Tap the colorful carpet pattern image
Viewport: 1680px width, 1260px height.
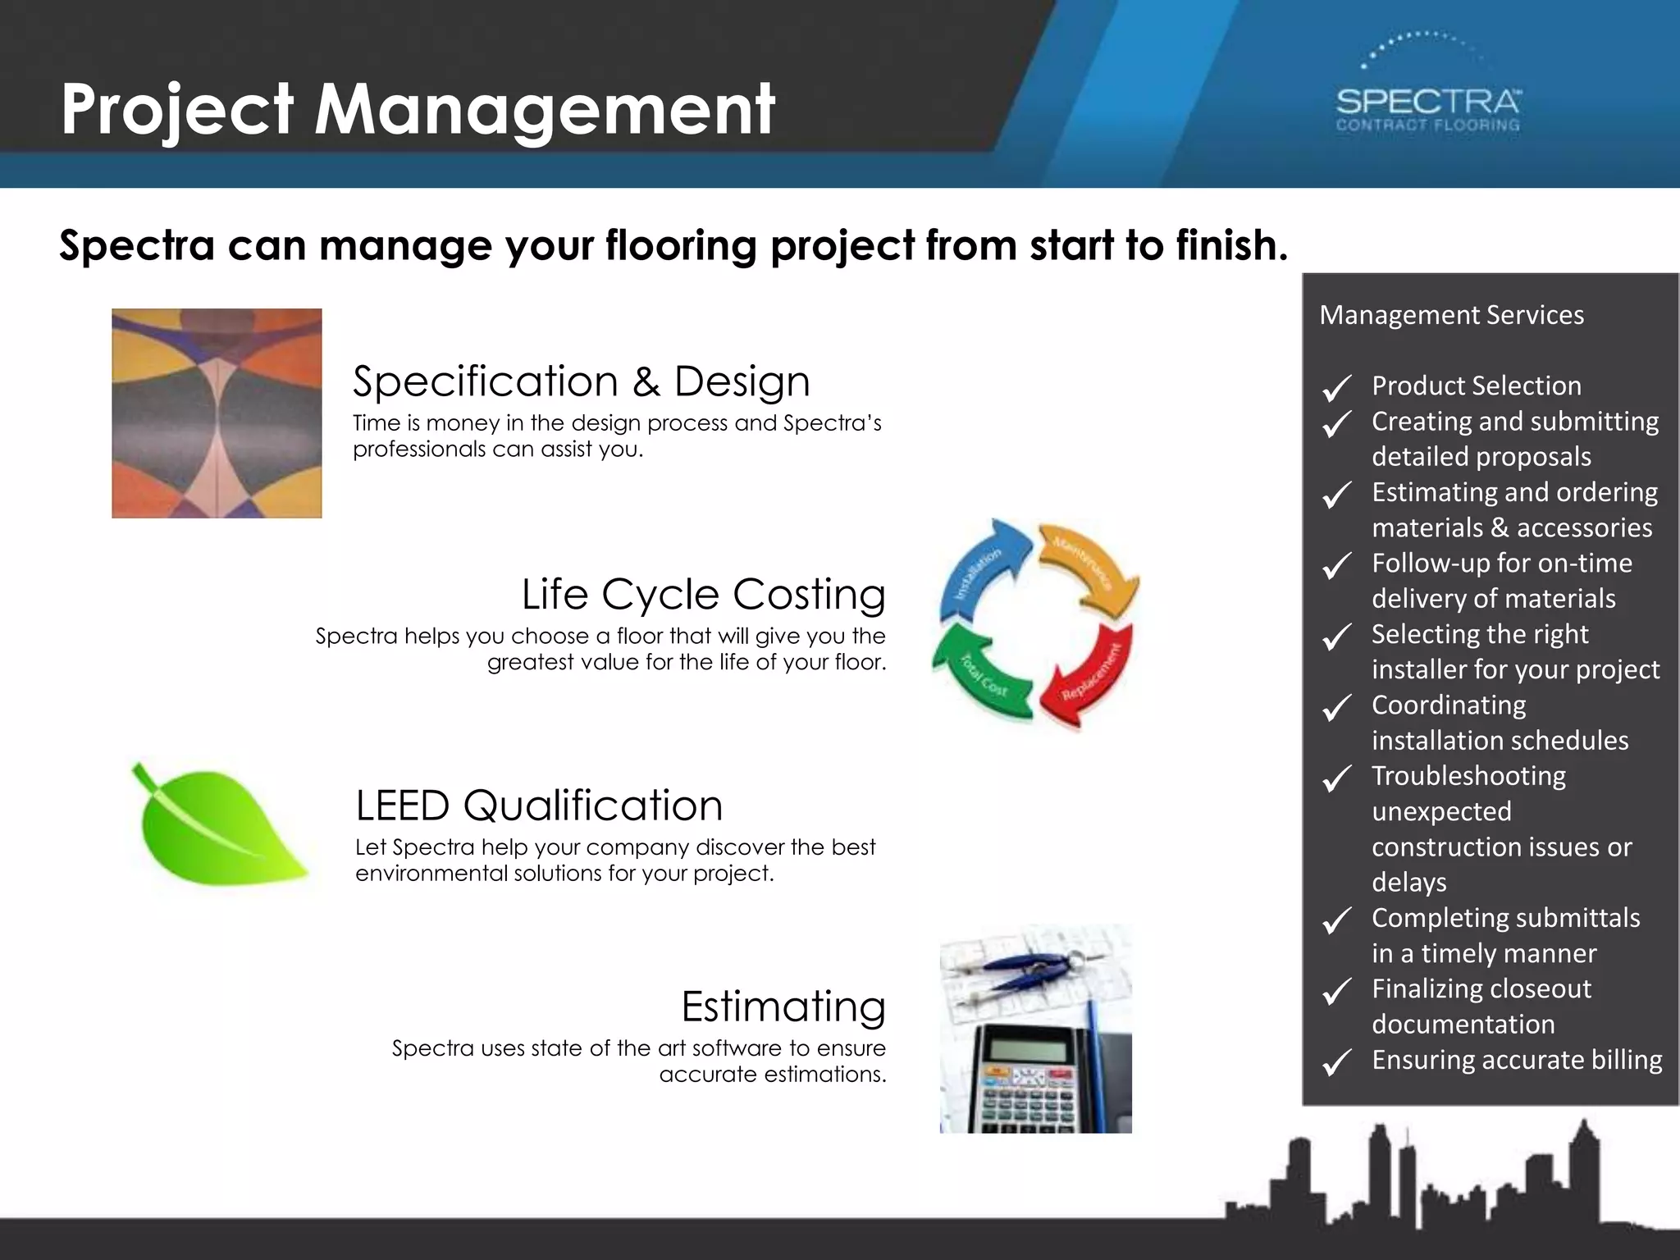click(217, 413)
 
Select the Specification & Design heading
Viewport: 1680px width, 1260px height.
click(581, 381)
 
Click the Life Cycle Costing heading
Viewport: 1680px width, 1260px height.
click(703, 594)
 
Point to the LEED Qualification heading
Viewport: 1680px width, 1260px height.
click(539, 806)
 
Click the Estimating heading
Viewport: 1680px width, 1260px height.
click(783, 1007)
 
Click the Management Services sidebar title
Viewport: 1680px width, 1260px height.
click(1451, 315)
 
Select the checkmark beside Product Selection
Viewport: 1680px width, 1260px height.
click(1337, 387)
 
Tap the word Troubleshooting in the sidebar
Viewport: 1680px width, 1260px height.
click(1468, 776)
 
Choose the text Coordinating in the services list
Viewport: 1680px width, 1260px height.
click(1449, 705)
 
